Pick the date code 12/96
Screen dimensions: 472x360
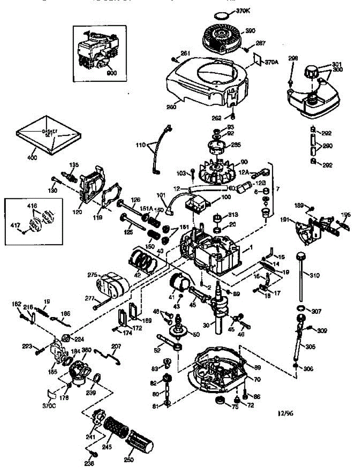point(285,413)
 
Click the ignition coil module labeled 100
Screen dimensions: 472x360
point(196,203)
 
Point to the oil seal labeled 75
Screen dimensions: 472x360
point(219,402)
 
